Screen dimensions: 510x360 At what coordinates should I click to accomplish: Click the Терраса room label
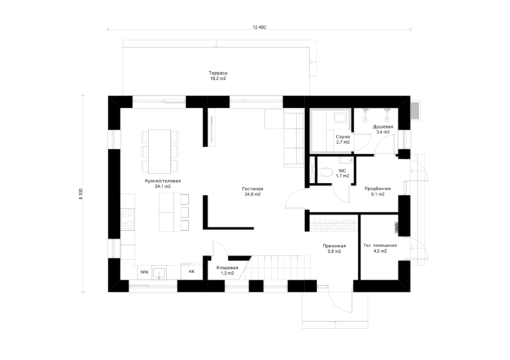(x=218, y=73)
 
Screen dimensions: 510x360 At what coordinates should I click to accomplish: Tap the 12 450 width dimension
(x=259, y=28)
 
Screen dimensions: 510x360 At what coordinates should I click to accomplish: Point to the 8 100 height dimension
(x=81, y=194)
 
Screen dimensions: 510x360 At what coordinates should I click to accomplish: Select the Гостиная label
(x=252, y=188)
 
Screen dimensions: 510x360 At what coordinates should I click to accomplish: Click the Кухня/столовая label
(x=162, y=181)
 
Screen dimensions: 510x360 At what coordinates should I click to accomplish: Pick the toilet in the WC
(x=325, y=172)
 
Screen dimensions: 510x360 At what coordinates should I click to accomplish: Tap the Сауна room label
(x=343, y=137)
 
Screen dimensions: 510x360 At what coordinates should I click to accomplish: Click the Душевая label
(x=383, y=127)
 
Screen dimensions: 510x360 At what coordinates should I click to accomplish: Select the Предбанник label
(x=378, y=188)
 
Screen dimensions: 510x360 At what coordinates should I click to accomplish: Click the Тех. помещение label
(x=380, y=246)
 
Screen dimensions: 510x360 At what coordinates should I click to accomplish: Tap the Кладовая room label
(x=227, y=268)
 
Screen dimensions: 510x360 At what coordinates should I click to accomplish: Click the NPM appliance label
(x=144, y=272)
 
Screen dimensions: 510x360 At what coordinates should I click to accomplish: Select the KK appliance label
(x=192, y=272)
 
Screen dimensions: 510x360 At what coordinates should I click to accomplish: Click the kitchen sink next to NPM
(x=160, y=272)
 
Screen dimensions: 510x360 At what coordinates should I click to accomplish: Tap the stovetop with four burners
(x=127, y=220)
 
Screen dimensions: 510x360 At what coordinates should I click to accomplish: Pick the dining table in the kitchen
(x=160, y=151)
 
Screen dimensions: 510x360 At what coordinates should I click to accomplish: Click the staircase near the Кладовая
(x=278, y=268)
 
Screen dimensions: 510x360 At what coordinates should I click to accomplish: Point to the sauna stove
(x=341, y=117)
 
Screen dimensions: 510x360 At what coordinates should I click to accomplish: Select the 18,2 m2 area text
(x=218, y=78)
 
